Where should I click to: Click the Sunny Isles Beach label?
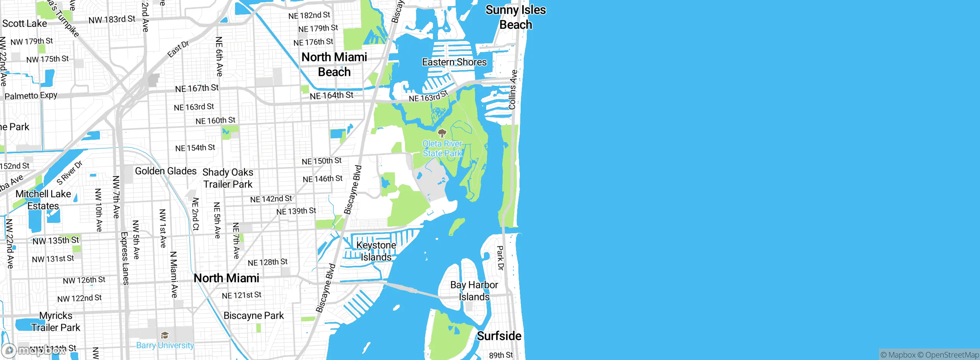click(x=516, y=17)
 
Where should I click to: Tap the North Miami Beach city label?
click(x=334, y=64)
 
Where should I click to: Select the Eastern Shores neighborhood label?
click(x=454, y=62)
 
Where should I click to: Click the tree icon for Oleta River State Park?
click(x=442, y=133)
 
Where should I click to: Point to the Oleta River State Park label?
click(x=442, y=149)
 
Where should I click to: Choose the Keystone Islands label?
click(x=376, y=251)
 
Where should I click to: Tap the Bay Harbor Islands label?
click(x=474, y=291)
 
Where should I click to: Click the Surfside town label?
click(x=499, y=336)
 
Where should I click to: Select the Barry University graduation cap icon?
click(x=165, y=335)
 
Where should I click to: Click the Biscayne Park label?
click(x=253, y=316)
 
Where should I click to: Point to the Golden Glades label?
click(x=166, y=171)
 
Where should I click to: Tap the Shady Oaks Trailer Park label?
click(x=228, y=178)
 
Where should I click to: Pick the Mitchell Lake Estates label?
click(x=43, y=200)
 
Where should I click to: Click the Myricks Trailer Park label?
click(x=56, y=322)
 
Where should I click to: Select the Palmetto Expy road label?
click(x=31, y=95)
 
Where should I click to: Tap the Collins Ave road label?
click(x=513, y=90)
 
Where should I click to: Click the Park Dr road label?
click(x=500, y=258)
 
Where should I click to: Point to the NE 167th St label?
click(x=197, y=88)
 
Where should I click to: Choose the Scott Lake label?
click(x=24, y=23)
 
